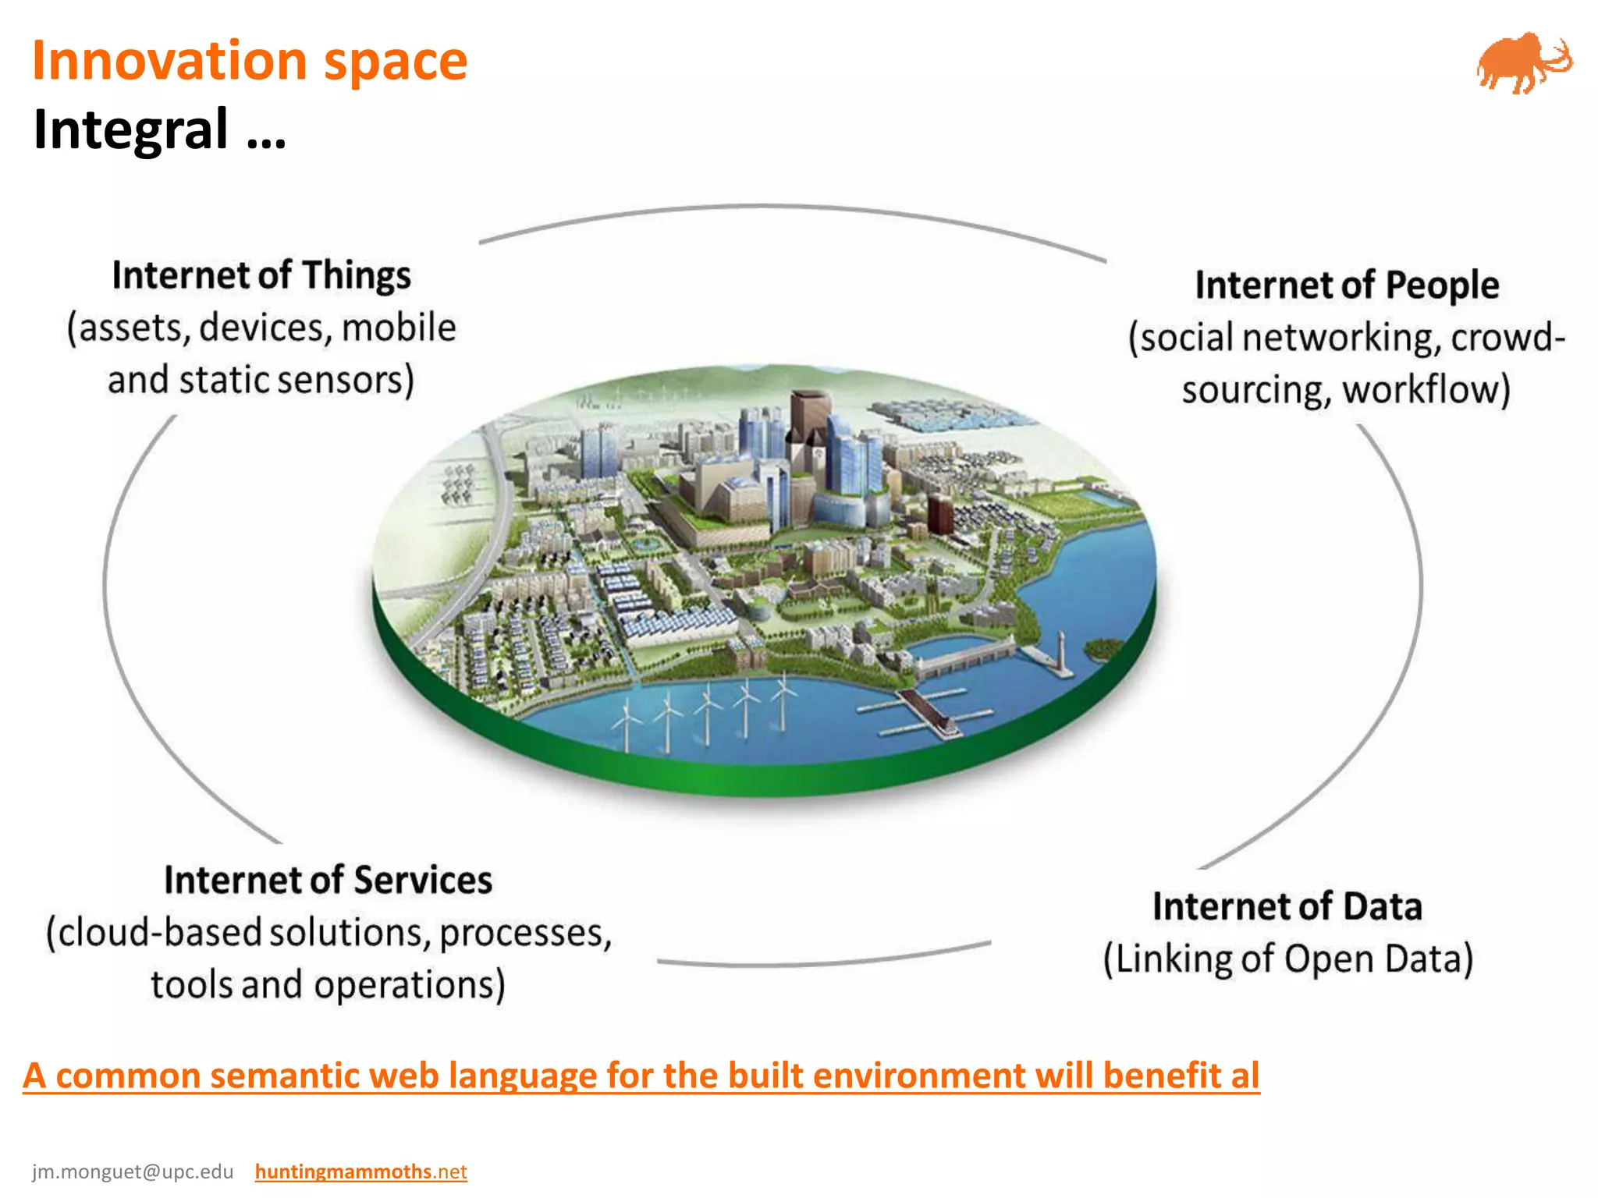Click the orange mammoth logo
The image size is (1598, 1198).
tap(1522, 64)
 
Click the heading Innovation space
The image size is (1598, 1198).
tap(250, 61)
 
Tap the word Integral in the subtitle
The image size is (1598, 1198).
tap(131, 129)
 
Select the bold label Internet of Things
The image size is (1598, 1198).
tap(261, 275)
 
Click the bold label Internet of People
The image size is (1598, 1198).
tap(1347, 285)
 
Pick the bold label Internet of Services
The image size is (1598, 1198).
tap(328, 881)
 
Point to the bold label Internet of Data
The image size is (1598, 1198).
tap(1287, 907)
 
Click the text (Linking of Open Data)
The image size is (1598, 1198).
tap(1287, 959)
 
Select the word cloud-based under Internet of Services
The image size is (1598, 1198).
tap(160, 933)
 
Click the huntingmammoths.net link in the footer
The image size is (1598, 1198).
tap(360, 1171)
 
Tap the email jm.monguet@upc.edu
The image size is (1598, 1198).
tap(133, 1171)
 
